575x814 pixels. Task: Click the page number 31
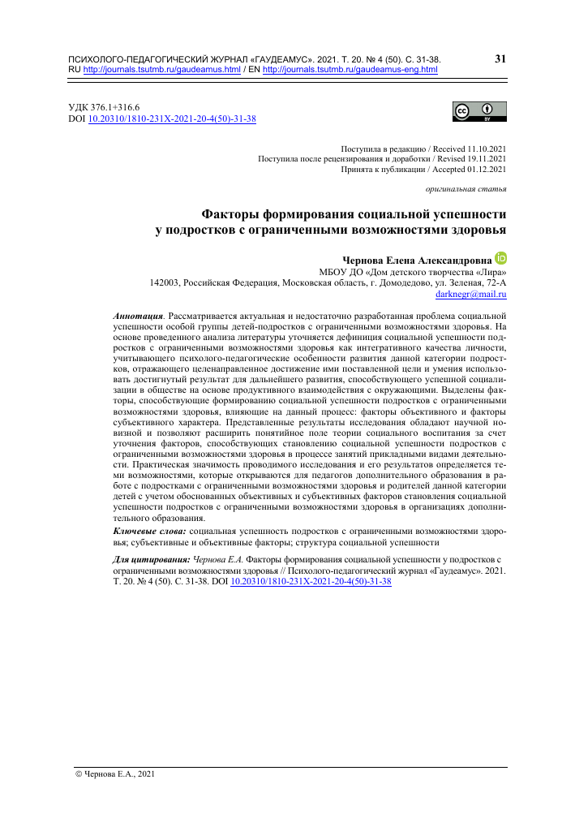coord(500,58)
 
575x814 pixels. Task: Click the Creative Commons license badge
coord(481,112)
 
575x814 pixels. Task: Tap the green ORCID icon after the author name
coord(500,258)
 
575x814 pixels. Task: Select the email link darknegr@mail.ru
coord(471,295)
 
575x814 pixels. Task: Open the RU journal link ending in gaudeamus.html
coord(162,70)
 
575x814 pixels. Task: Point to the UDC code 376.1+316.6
coord(114,107)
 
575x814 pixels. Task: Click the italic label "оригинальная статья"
coord(466,190)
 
